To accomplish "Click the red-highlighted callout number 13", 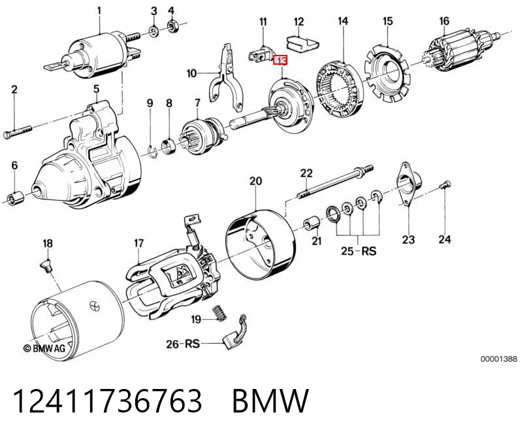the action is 280,61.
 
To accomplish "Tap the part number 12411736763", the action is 108,401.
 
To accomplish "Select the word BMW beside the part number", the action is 270,401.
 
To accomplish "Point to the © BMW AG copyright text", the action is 44,348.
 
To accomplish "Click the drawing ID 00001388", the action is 498,359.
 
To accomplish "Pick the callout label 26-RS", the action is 183,343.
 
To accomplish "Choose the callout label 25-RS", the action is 359,250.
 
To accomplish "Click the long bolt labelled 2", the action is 18,132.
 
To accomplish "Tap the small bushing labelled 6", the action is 16,197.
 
